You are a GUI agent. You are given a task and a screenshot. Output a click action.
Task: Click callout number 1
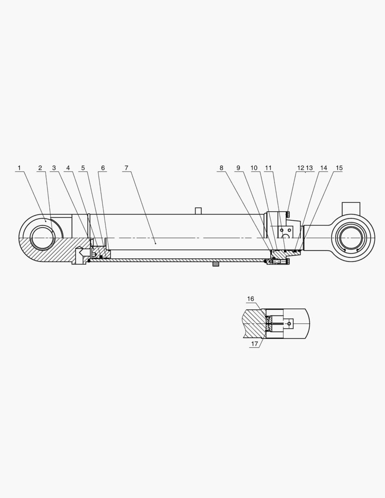pos(19,168)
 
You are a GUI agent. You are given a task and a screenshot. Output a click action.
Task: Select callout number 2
pos(40,168)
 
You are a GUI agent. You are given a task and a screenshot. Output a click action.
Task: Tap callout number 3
pos(54,168)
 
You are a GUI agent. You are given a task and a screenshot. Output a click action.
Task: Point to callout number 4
pos(68,168)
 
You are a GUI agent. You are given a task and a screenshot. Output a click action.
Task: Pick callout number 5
pos(83,168)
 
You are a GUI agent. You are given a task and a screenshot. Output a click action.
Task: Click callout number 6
pos(102,168)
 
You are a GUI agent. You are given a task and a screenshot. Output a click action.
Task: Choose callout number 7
pos(126,168)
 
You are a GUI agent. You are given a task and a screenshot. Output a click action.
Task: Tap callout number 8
pos(221,168)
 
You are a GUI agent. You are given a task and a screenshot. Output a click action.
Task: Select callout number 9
pos(238,168)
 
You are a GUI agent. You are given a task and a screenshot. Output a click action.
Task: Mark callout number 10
pos(254,168)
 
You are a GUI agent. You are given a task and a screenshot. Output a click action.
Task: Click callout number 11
pos(268,168)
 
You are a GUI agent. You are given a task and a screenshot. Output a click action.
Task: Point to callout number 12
pos(301,168)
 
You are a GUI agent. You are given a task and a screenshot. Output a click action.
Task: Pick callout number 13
pos(309,168)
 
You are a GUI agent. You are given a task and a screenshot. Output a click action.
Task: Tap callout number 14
pos(324,168)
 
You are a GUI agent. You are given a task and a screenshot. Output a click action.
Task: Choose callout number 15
pos(339,168)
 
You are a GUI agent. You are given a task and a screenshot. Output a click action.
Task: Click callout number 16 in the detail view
pos(250,299)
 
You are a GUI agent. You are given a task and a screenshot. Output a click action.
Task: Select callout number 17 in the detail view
pos(254,344)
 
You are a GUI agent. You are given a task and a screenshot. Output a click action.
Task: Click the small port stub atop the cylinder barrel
pos(198,211)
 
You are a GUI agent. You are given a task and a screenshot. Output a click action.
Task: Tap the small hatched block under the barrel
pos(215,264)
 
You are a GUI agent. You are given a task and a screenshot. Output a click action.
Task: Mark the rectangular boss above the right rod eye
pos(351,208)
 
